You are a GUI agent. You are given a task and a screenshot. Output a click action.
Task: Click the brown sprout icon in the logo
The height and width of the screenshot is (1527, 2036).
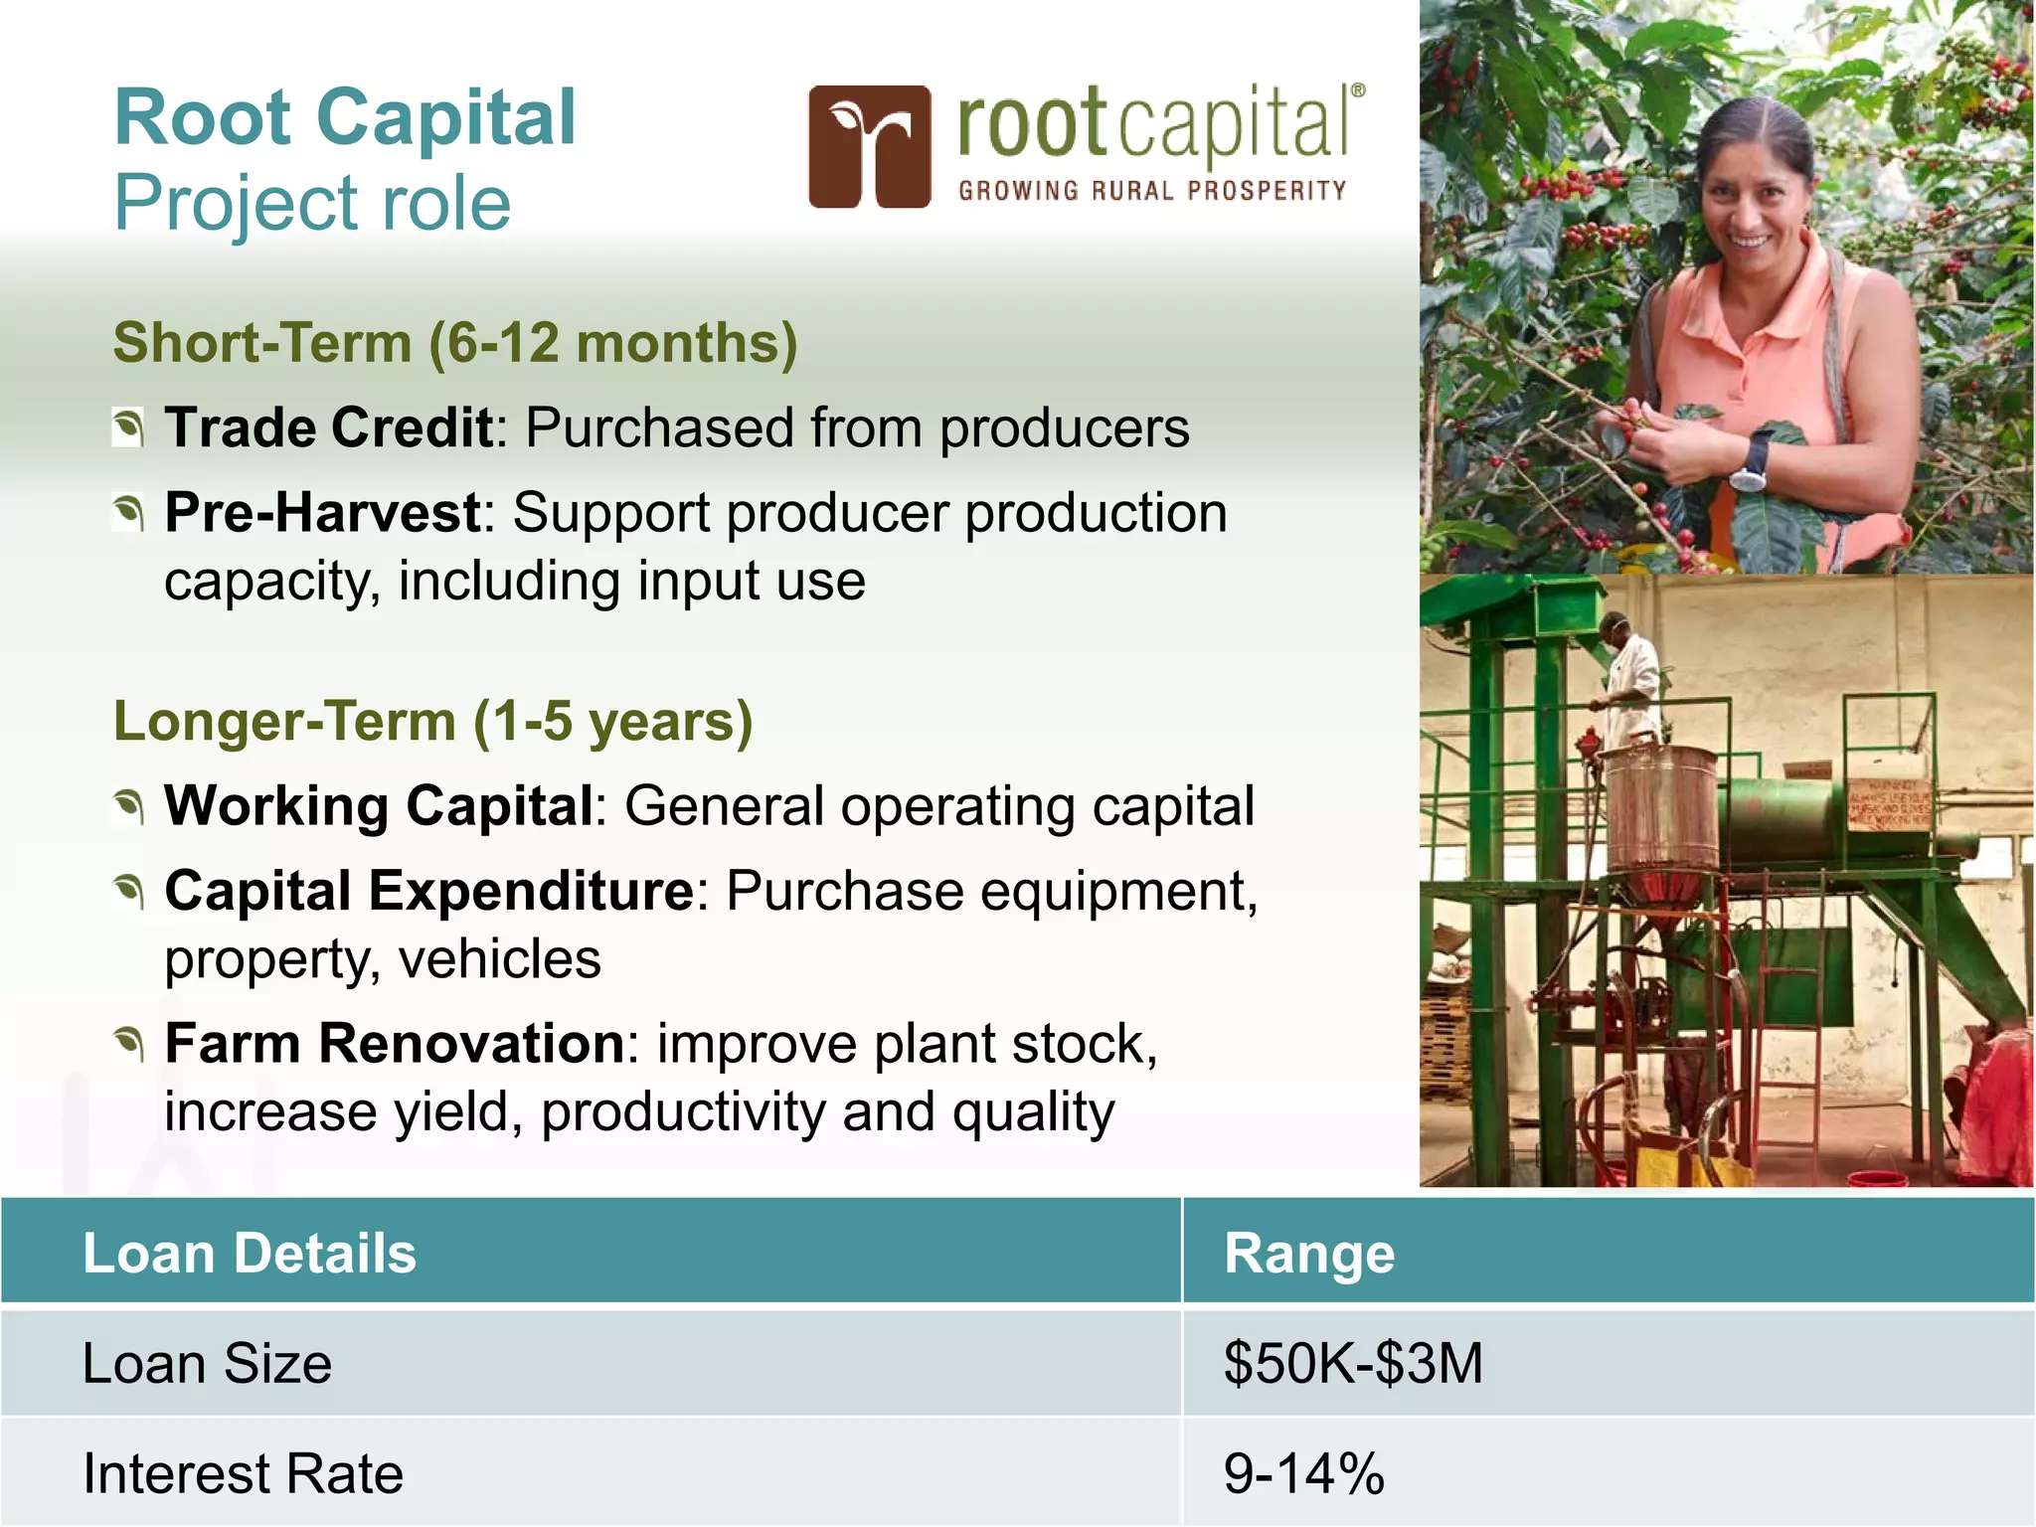[870, 146]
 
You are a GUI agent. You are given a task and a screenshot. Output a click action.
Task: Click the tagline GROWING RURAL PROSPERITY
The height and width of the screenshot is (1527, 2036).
[1152, 191]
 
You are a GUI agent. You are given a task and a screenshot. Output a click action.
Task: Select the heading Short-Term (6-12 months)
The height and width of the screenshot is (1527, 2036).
[455, 343]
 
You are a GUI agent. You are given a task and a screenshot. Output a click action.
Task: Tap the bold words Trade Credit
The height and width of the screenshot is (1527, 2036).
[329, 427]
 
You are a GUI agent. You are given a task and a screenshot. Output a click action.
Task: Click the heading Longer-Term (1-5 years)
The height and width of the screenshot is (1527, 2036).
[432, 721]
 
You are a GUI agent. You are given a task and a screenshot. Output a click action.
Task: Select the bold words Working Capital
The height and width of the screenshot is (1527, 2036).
[379, 805]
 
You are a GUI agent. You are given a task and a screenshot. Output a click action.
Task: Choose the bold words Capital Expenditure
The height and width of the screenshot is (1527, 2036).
[428, 890]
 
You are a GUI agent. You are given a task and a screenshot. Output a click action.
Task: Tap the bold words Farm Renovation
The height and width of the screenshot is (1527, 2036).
[394, 1044]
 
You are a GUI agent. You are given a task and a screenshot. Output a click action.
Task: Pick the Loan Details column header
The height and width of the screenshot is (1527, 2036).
[250, 1253]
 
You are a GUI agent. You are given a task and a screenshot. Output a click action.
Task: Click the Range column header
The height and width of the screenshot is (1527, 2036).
[1308, 1253]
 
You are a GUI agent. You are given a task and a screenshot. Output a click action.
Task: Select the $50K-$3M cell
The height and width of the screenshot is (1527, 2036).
[1352, 1363]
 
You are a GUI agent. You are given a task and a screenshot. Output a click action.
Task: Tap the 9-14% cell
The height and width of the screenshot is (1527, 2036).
[1303, 1473]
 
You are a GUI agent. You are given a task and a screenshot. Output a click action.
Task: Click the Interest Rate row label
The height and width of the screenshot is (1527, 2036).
[243, 1473]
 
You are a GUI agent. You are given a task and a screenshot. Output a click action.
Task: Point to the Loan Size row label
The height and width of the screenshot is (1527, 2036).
[207, 1363]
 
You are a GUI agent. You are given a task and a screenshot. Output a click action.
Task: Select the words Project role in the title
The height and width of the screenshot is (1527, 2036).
[312, 203]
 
